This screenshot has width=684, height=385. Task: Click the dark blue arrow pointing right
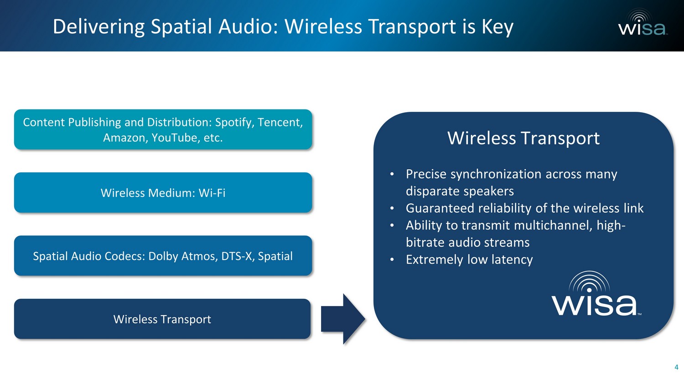pyautogui.click(x=343, y=319)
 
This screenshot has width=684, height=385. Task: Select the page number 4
pyautogui.click(x=676, y=367)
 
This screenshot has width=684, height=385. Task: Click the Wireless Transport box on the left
pyautogui.click(x=162, y=319)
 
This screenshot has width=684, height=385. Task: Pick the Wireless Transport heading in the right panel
pyautogui.click(x=523, y=138)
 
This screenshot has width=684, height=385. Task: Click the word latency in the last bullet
pyautogui.click(x=512, y=260)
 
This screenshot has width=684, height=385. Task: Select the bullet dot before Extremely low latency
pyautogui.click(x=392, y=260)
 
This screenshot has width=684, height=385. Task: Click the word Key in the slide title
pyautogui.click(x=497, y=27)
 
